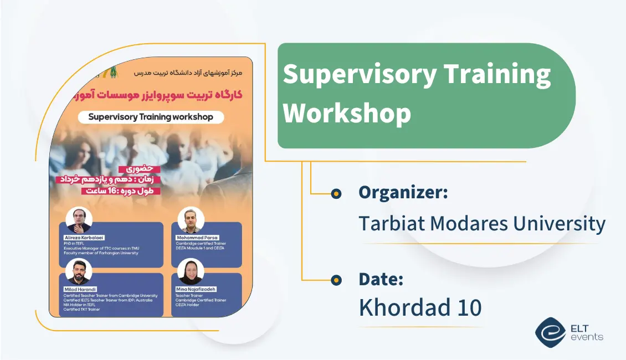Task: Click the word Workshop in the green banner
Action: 347,112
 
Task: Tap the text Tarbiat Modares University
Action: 481,223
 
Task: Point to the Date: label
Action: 381,279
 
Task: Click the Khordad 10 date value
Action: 420,308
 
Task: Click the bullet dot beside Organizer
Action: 336,193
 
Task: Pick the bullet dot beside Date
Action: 336,280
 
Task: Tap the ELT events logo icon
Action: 550,332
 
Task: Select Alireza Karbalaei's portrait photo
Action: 79,220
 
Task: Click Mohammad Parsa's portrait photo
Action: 191,220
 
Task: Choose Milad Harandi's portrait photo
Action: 79,272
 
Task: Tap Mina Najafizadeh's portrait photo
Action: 191,272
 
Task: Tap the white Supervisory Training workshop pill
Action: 151,117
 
